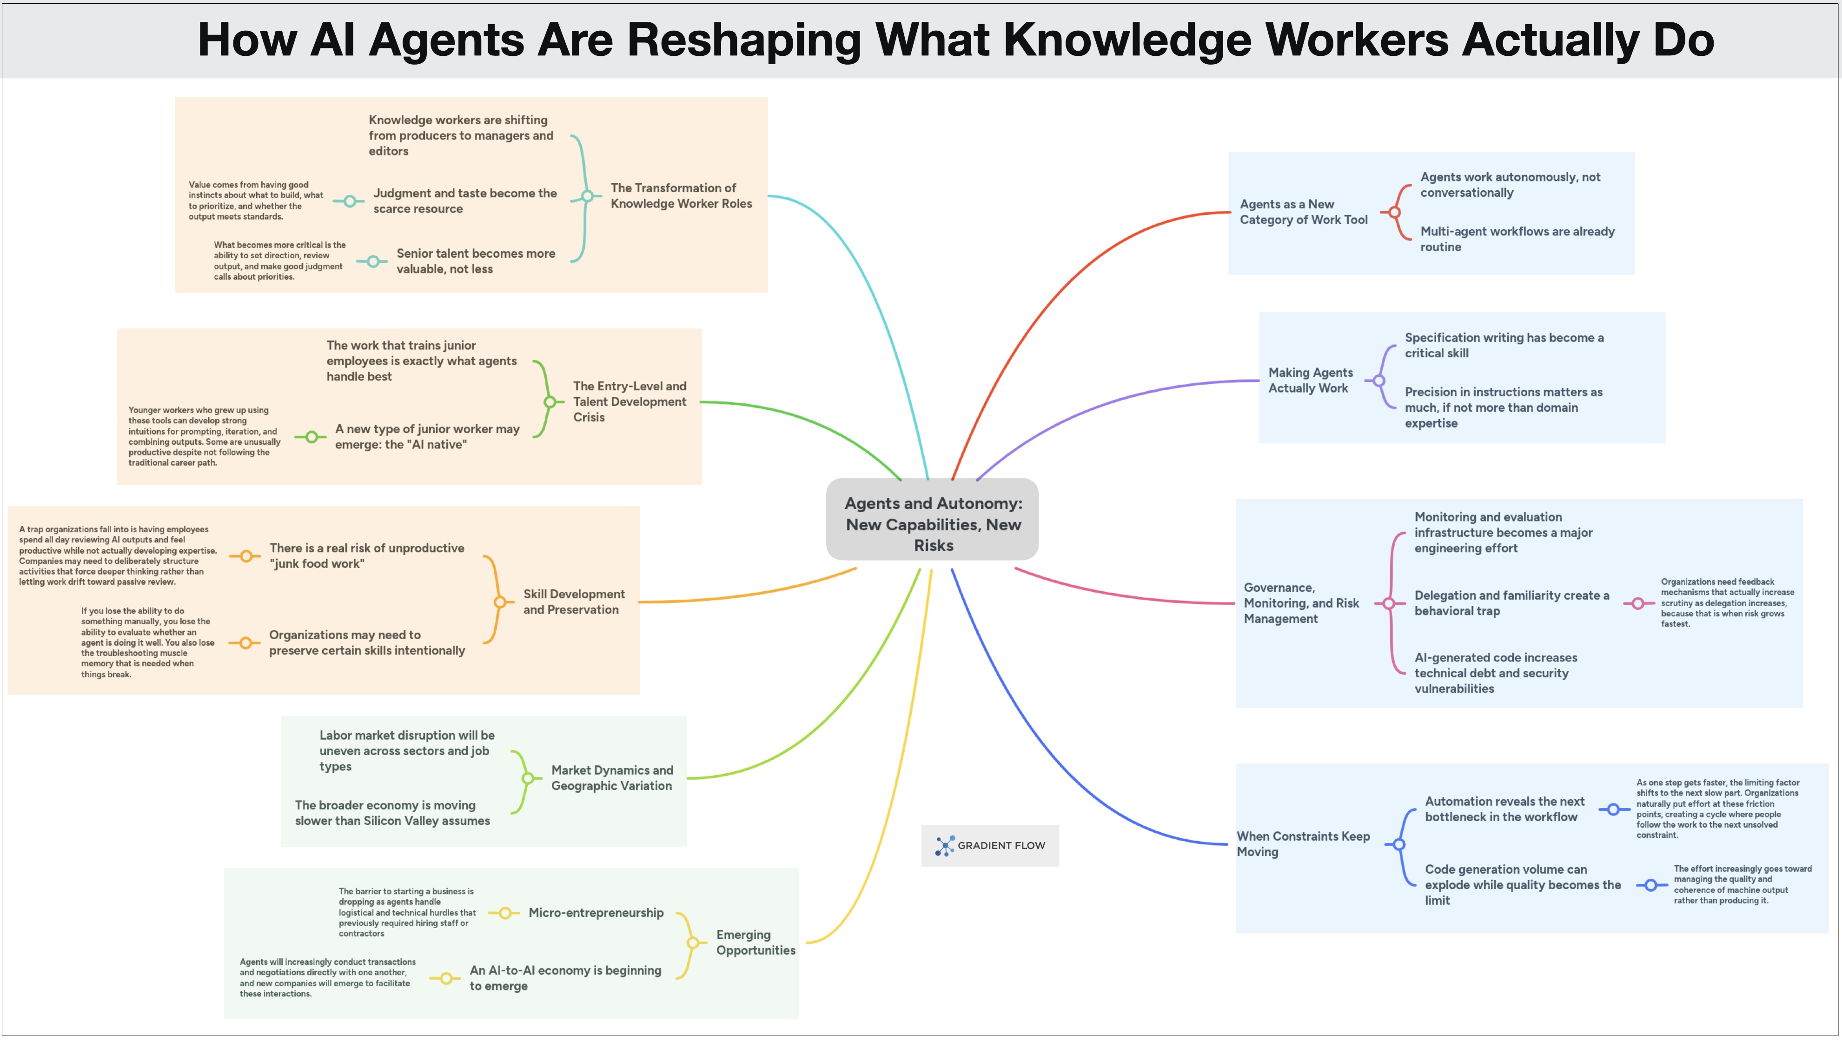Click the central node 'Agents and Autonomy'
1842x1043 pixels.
coord(932,524)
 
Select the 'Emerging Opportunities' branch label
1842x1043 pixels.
coord(755,942)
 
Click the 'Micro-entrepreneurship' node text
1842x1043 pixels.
coord(596,913)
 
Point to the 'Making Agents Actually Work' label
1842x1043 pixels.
coord(1310,381)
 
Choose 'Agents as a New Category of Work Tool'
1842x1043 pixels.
coord(1303,212)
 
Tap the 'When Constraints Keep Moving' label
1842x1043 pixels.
coord(1303,844)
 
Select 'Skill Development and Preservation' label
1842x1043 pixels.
coord(573,602)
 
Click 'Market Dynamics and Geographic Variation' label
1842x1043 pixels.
coord(611,778)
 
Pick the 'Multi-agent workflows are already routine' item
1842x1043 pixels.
coord(1517,239)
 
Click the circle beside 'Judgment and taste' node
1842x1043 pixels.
coord(349,201)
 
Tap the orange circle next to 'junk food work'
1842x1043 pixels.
coord(245,556)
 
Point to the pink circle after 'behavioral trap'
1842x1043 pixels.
coord(1638,603)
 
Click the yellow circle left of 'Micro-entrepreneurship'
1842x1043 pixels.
coord(505,913)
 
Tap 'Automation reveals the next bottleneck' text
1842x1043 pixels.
coord(1504,809)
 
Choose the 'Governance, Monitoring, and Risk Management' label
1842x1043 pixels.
coord(1301,603)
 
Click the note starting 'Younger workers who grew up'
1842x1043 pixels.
coord(204,436)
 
